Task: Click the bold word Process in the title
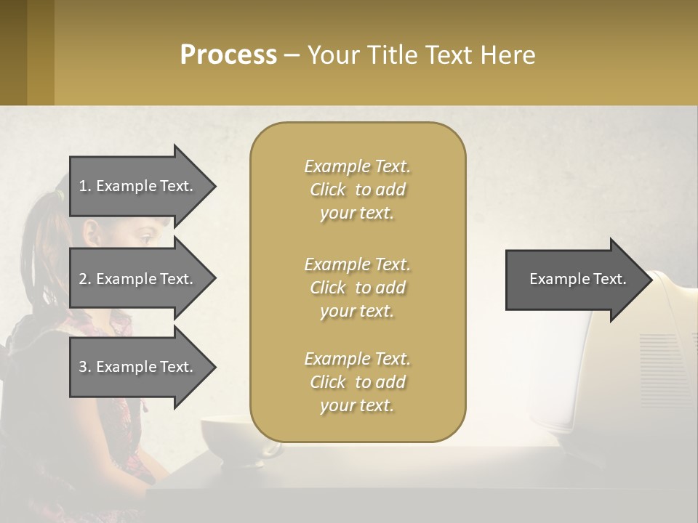228,55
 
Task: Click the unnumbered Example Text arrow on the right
578,279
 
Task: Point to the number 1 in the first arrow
82,186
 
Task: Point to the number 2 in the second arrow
82,279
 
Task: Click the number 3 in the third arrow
82,367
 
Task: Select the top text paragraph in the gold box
357,190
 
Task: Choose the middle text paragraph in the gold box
357,288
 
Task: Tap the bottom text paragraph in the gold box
357,382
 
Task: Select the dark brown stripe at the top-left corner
13,52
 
